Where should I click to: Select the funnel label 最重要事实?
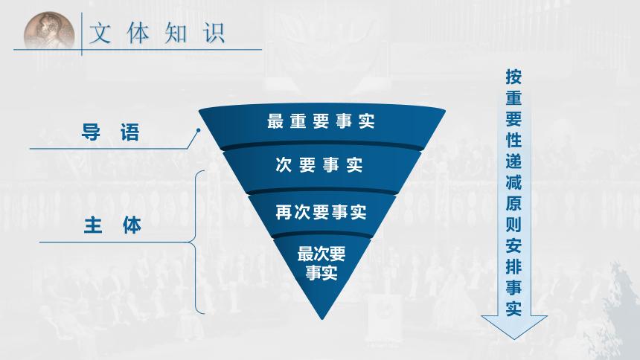[x=320, y=122]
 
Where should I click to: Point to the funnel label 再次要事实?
[x=321, y=212]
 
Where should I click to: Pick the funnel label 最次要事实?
[x=321, y=263]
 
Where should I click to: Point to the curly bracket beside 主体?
[x=197, y=242]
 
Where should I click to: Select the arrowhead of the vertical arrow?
[x=513, y=327]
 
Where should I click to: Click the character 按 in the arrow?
[x=513, y=77]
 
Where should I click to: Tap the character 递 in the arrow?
[x=513, y=161]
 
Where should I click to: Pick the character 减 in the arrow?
[x=513, y=181]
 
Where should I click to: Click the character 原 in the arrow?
[x=513, y=203]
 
